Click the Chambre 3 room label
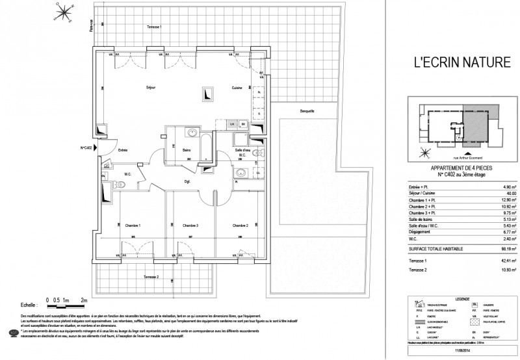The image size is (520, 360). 189,225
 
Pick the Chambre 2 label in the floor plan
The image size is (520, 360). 241,225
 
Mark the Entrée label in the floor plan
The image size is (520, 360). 123,151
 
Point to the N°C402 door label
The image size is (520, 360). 88,148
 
